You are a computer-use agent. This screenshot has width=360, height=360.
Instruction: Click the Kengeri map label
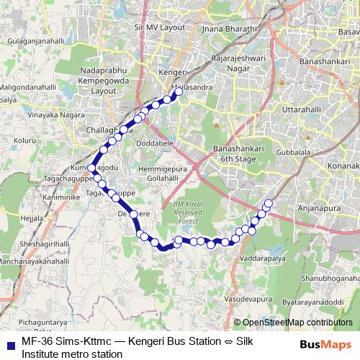tap(173, 74)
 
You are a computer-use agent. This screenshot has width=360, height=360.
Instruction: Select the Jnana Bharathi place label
tap(230, 30)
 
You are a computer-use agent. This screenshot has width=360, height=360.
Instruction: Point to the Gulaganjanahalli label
tap(36, 42)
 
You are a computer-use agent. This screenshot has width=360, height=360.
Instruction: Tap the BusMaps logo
tap(325, 344)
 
